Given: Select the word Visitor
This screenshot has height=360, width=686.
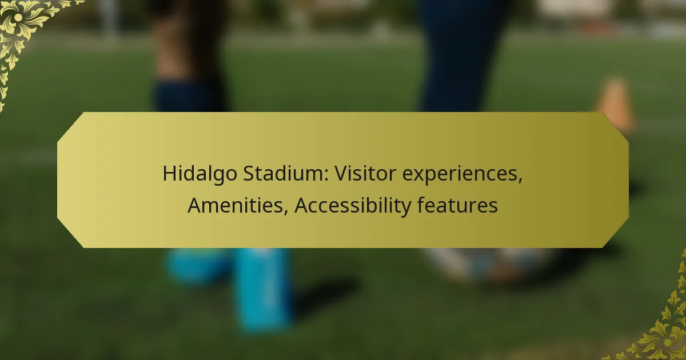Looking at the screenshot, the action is pos(366,173).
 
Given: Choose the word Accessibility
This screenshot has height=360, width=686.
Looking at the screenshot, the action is pos(353,206).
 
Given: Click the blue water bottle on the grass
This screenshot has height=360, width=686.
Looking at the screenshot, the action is pos(263,288).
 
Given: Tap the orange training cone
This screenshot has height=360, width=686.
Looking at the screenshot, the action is pos(615,104).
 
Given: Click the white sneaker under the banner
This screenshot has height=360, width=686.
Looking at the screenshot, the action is pos(487,264).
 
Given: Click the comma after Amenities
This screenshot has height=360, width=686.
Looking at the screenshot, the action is pos(286,211).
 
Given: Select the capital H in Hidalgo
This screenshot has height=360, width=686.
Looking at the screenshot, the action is pos(170,174).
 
